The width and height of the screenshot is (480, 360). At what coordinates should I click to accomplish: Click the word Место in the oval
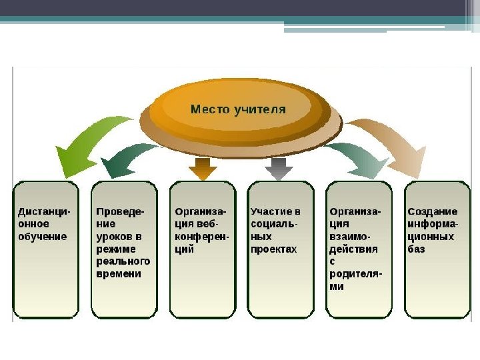click(209, 109)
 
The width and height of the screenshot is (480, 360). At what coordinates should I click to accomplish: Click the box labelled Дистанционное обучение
click(46, 249)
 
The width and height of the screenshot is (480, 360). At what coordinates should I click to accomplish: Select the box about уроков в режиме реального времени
click(124, 249)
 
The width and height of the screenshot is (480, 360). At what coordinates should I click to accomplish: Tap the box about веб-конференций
click(203, 249)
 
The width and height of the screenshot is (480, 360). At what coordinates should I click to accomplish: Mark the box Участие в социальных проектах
click(281, 249)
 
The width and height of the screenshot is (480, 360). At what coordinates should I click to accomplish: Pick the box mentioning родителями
click(359, 249)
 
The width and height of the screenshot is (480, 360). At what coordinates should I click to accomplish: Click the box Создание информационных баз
click(437, 249)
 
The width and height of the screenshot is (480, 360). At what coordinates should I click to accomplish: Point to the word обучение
click(43, 237)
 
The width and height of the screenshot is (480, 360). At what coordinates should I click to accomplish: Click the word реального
click(123, 261)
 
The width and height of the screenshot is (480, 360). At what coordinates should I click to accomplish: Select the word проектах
click(273, 249)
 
